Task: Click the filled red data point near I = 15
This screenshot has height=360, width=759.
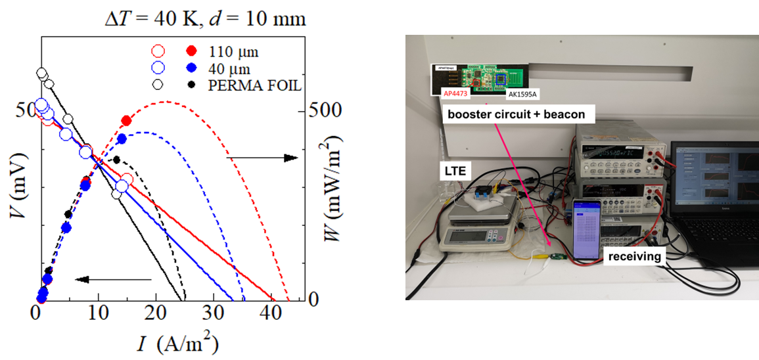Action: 127,121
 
